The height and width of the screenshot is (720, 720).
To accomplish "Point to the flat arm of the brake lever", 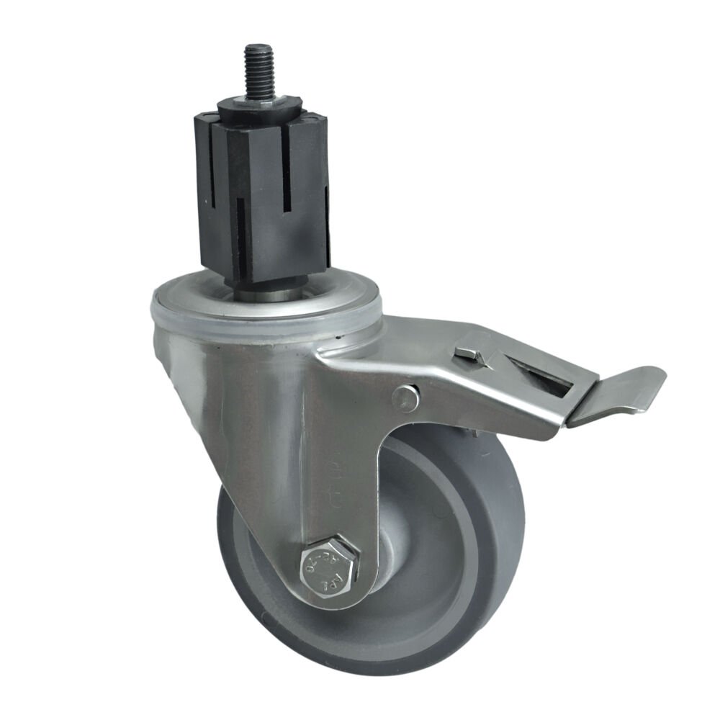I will [x=616, y=392].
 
